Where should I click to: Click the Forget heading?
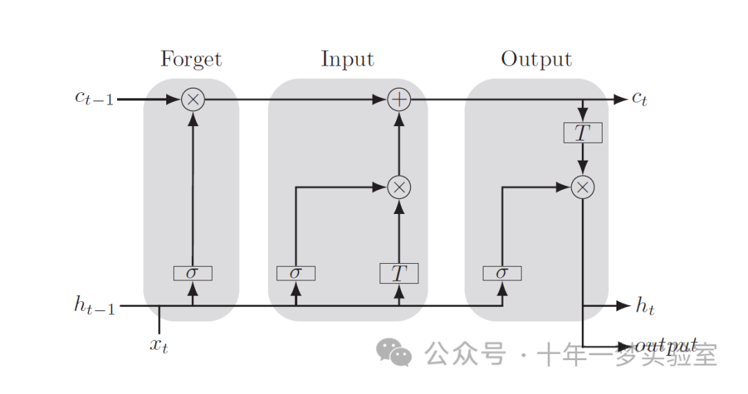[x=191, y=60]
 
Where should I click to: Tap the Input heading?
[x=347, y=60]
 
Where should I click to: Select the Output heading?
[x=536, y=60]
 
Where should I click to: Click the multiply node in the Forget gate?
[x=193, y=100]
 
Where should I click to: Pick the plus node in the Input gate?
[x=399, y=100]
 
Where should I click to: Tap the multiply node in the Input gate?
[x=399, y=186]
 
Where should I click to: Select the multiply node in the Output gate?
[x=583, y=186]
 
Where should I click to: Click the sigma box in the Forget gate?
[x=193, y=273]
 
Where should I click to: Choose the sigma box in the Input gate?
[x=296, y=273]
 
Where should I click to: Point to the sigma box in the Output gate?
[x=502, y=273]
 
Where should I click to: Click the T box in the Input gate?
[x=399, y=274]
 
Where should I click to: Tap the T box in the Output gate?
[x=583, y=132]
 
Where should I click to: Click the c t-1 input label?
[x=94, y=98]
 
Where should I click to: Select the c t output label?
[x=639, y=99]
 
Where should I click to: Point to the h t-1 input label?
[x=94, y=305]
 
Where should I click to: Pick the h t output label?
[x=644, y=306]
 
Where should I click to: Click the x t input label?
[x=159, y=344]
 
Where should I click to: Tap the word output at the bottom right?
[x=666, y=345]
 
